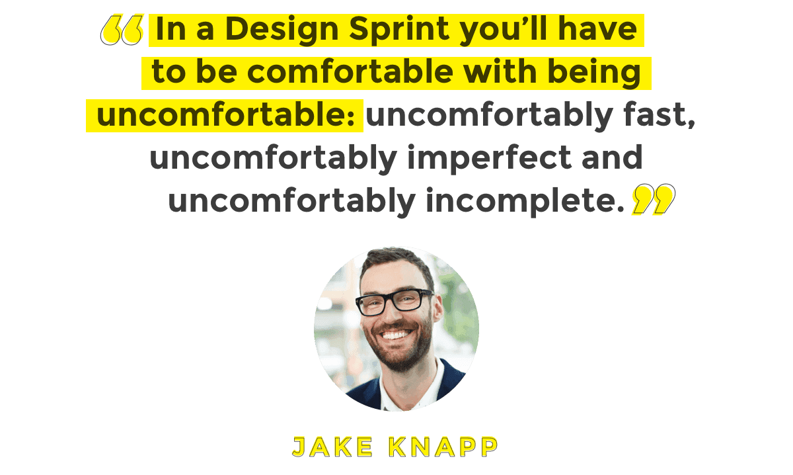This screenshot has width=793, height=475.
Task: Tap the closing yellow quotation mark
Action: [x=653, y=200]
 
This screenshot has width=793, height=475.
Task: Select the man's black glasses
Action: [x=394, y=302]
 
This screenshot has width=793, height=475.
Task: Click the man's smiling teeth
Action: [x=396, y=335]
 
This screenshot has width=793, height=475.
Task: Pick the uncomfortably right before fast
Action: [x=489, y=116]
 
